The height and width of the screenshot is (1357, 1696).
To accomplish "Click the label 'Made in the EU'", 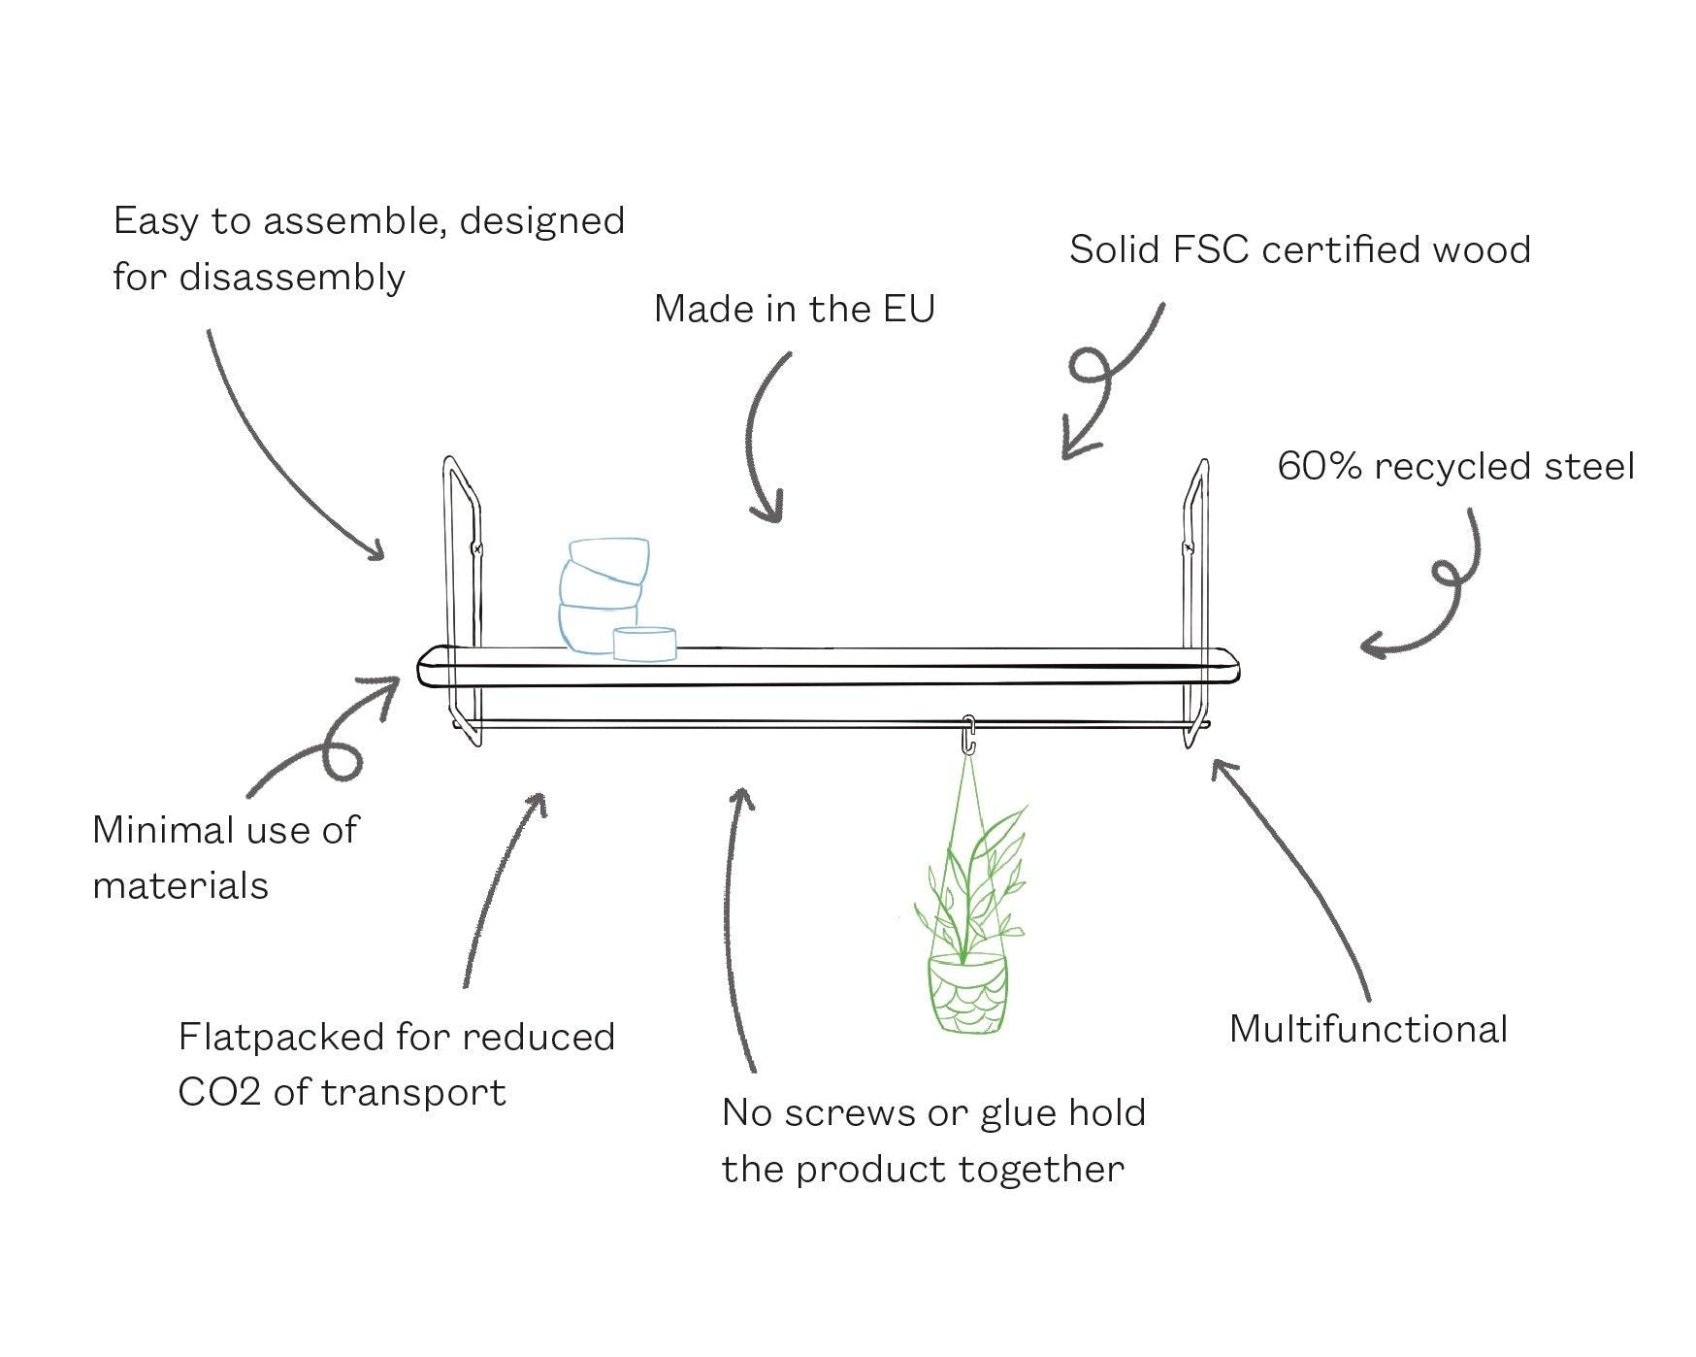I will [x=794, y=309].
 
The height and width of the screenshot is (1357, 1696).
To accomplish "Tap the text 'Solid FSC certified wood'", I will [x=1299, y=250].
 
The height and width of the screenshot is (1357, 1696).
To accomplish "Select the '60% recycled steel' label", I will [x=1455, y=467].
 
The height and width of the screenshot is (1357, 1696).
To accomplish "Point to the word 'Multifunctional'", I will [x=1368, y=1029].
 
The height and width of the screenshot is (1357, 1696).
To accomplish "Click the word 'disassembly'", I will [x=292, y=279].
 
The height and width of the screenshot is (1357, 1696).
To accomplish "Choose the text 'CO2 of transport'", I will [x=342, y=1093].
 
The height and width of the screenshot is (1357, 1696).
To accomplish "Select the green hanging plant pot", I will [x=966, y=992].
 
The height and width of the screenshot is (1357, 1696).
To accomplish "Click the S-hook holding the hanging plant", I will [x=967, y=734].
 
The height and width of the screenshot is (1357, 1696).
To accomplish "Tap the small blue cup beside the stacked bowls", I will [x=644, y=644].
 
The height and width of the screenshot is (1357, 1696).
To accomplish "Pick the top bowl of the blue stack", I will [x=609, y=558].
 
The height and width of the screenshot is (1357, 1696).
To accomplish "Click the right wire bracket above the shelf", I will [x=1195, y=544].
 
